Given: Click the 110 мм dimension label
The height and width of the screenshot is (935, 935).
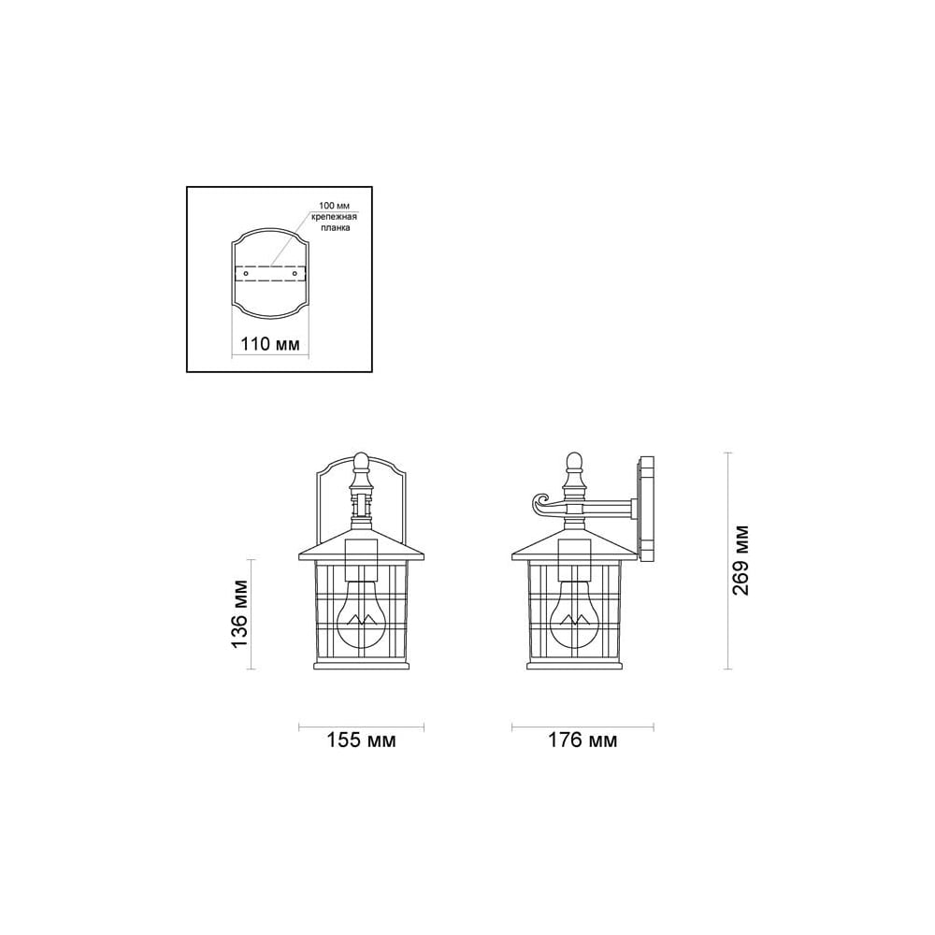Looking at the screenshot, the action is point(269,344).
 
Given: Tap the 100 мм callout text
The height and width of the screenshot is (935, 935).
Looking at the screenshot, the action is point(335,207).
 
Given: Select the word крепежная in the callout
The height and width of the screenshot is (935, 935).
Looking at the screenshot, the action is point(335,217).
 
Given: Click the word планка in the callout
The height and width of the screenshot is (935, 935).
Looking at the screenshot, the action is point(335,228).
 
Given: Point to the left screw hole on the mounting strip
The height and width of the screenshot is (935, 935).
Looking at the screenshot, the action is point(245,274).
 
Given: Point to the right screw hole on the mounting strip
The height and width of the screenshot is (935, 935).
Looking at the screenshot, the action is point(295,274).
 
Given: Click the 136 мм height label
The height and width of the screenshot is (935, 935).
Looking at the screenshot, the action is point(239,614).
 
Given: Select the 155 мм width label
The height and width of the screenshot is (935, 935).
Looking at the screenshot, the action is point(361,740).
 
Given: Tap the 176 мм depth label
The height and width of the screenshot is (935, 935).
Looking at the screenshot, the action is point(583,740).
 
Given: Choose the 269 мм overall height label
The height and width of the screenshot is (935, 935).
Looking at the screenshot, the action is point(740,560).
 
